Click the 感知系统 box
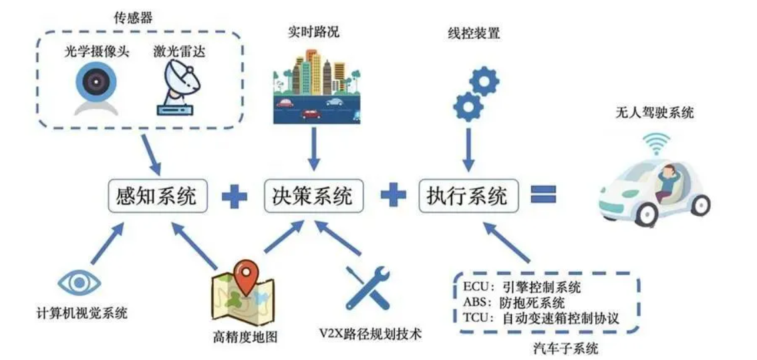pyautogui.click(x=158, y=196)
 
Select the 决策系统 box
pyautogui.click(x=314, y=196)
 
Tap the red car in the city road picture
pyautogui.click(x=311, y=114)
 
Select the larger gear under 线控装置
pyautogui.click(x=468, y=106)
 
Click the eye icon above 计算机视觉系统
pyautogui.click(x=80, y=283)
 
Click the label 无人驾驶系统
pyautogui.click(x=654, y=114)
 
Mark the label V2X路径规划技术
pyautogui.click(x=371, y=333)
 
